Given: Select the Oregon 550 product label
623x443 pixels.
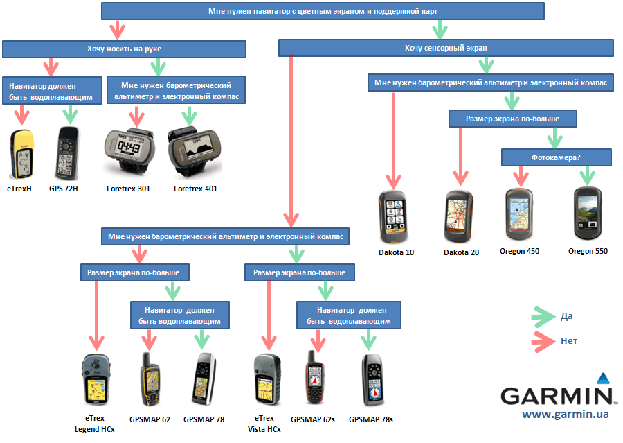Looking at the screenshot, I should coord(588,251).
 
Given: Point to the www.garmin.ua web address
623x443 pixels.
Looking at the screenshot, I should coord(566,414).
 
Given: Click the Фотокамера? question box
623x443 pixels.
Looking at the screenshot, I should coord(557,157).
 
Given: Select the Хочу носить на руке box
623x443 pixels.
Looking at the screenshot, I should coord(124,49).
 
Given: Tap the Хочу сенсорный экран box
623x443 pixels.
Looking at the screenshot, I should coord(446,48).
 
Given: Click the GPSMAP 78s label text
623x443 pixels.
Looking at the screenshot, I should coord(371,419).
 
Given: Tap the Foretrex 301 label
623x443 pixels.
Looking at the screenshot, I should coord(128,188).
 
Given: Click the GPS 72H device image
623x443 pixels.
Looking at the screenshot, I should coord(68,153).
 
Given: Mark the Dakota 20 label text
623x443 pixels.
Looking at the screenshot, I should coord(461,252).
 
